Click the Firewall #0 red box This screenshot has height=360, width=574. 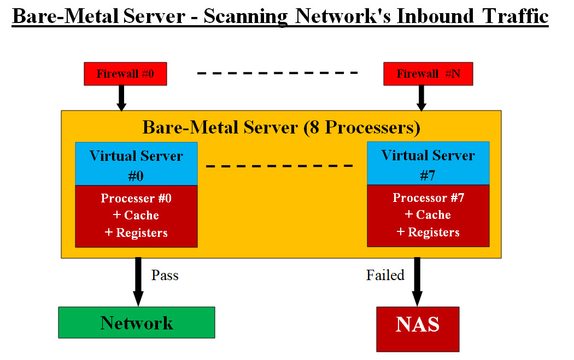(125, 74)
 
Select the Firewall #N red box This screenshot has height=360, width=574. (428, 74)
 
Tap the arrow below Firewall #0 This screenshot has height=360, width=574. (121, 98)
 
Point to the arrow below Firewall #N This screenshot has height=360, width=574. (421, 98)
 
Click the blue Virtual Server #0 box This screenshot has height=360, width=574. (136, 164)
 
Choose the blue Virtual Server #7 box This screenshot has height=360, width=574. (428, 163)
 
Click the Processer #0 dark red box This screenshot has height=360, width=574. (136, 216)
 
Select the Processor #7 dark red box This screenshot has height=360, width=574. (428, 215)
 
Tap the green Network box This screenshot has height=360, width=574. (137, 323)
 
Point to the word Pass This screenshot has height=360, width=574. (165, 275)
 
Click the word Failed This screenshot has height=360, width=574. (385, 275)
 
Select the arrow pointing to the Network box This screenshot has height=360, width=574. (138, 282)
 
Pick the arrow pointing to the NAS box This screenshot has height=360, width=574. (417, 282)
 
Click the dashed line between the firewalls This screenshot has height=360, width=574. (277, 73)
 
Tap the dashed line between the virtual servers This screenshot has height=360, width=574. (279, 165)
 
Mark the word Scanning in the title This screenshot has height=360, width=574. (245, 16)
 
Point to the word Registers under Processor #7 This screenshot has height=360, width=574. (434, 232)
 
